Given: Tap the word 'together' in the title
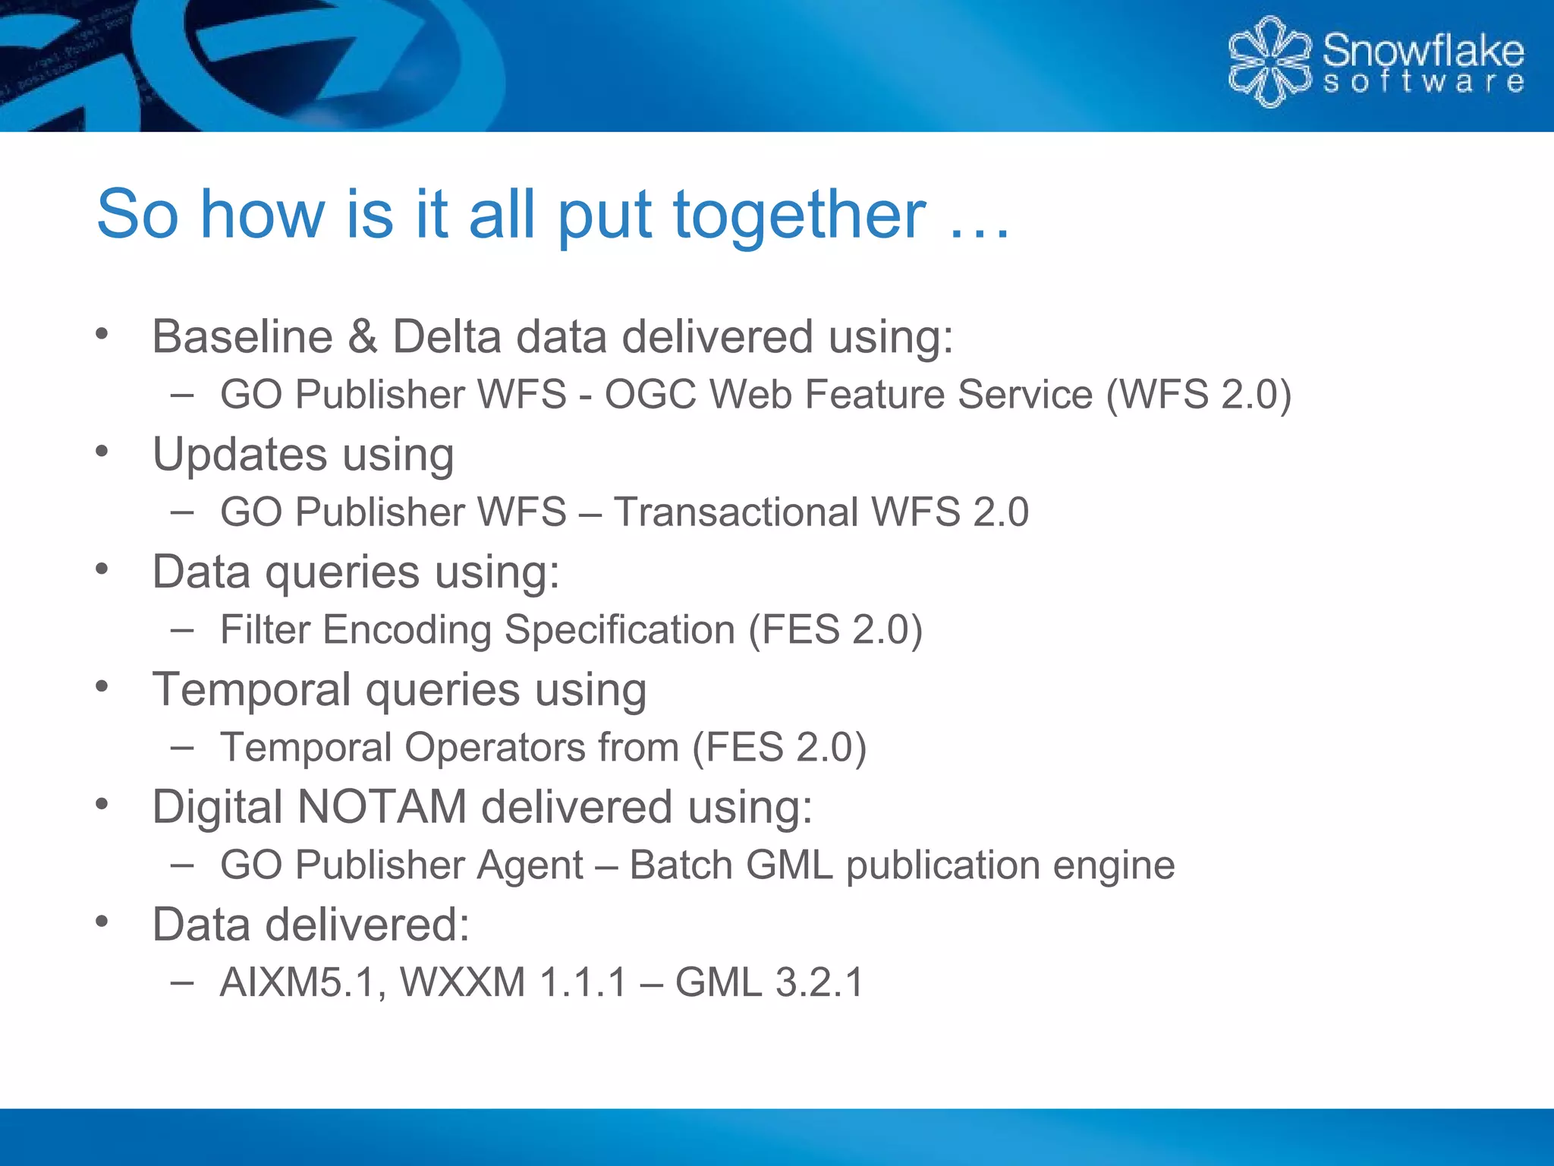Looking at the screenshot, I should click(799, 215).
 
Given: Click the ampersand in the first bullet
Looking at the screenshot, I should click(362, 336).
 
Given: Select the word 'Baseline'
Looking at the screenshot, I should click(242, 336).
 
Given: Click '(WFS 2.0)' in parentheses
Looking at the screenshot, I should click(1198, 395).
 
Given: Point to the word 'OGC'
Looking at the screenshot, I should click(650, 395).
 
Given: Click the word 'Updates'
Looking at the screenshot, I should click(240, 454).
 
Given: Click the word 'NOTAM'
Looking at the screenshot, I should click(381, 806).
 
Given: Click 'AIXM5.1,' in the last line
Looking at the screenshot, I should click(303, 982).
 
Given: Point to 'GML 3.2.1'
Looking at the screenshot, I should click(769, 982).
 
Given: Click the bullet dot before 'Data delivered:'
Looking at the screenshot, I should click(102, 921).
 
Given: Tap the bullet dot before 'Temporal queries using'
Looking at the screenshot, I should click(102, 686).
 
